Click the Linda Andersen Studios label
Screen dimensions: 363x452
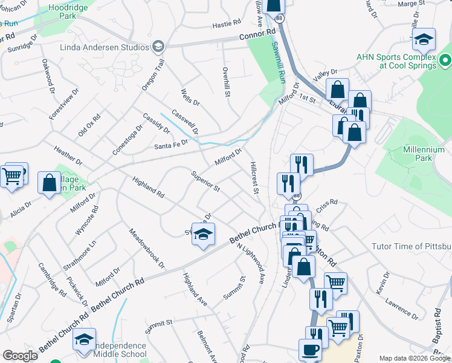104,47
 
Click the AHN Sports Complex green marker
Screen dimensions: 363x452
446,60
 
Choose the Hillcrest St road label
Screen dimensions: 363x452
254,177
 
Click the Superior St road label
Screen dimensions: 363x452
205,181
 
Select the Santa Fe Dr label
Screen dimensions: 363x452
171,145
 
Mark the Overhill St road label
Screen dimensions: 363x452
227,82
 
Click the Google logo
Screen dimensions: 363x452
20,356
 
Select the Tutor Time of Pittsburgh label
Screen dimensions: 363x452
413,247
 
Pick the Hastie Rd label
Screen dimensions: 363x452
227,25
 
